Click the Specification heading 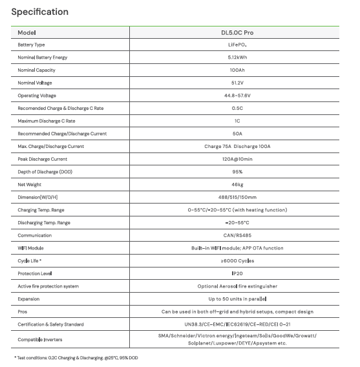(x=39, y=12)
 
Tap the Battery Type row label (x=31, y=45)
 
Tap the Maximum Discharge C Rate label (x=46, y=121)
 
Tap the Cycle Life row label (x=31, y=260)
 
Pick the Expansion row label (x=28, y=299)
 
